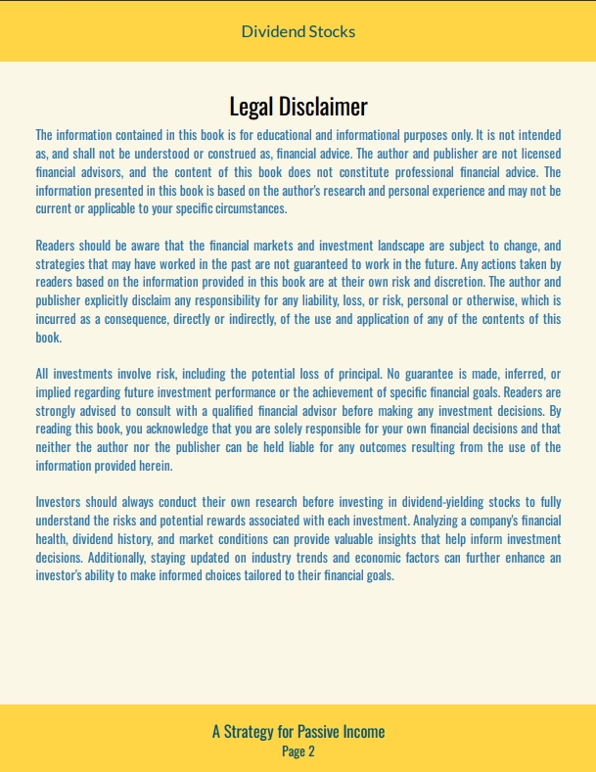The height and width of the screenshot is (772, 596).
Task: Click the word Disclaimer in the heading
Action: click(323, 106)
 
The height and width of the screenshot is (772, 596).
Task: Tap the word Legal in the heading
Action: click(252, 106)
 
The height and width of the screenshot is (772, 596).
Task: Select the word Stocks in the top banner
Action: click(332, 31)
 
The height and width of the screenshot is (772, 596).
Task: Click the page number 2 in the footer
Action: click(311, 751)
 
